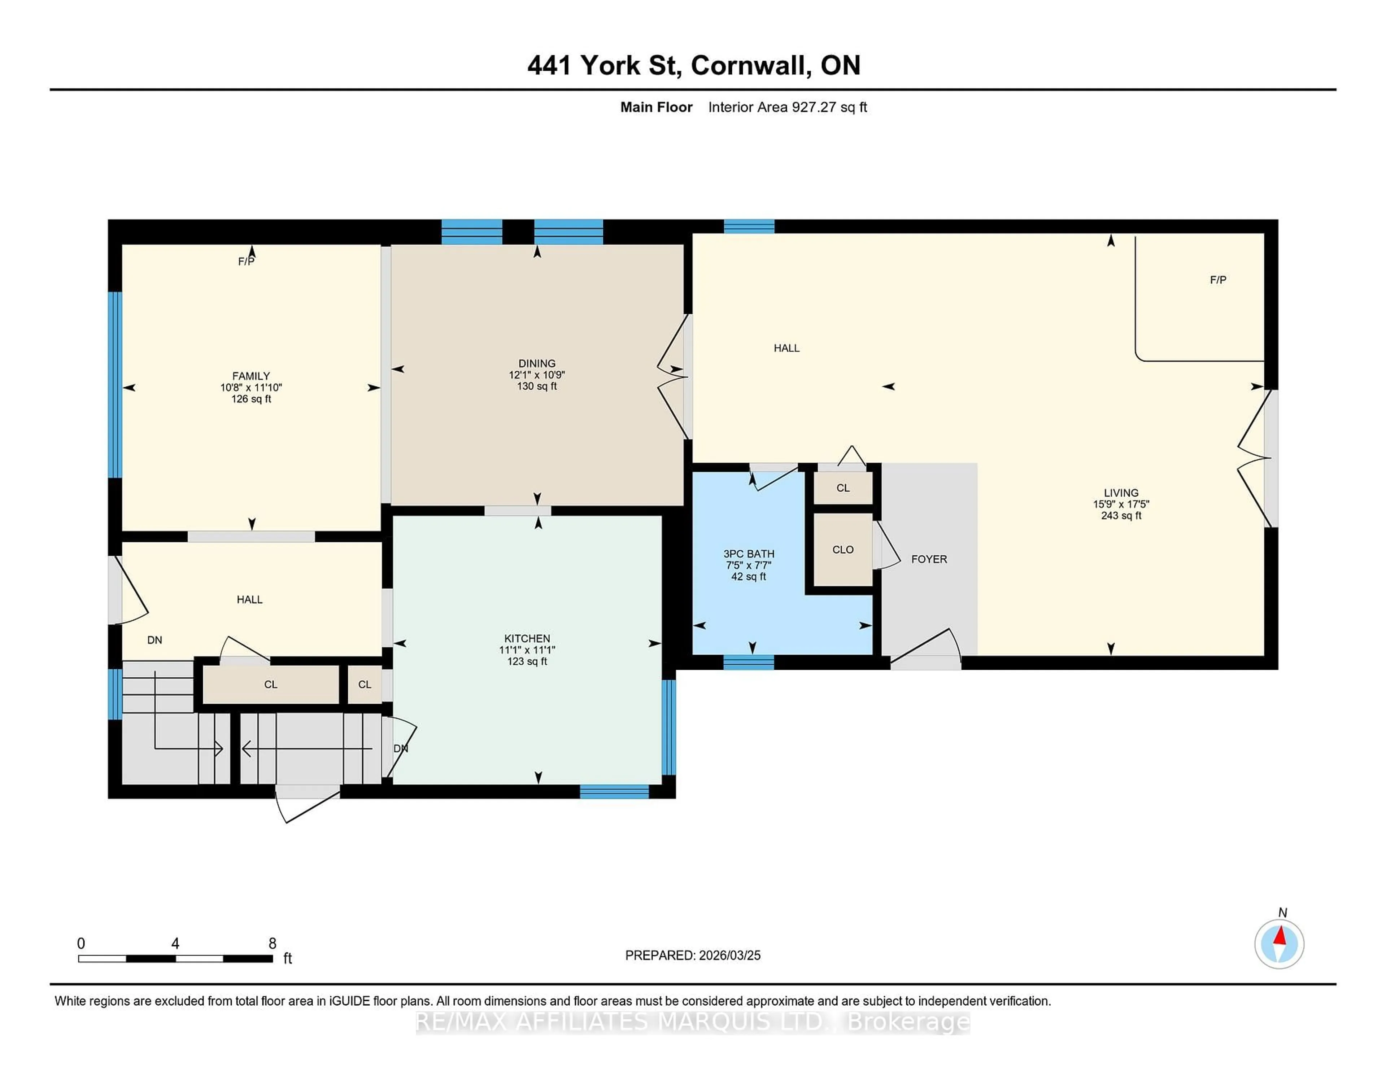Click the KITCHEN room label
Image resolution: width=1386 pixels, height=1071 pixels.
pyautogui.click(x=527, y=638)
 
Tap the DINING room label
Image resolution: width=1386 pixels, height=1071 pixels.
pyautogui.click(x=537, y=364)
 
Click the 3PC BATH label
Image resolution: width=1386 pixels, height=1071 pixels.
pyautogui.click(x=749, y=554)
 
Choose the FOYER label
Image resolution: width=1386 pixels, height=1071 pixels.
pyautogui.click(x=928, y=559)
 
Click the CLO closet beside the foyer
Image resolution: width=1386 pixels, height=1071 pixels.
pyautogui.click(x=843, y=550)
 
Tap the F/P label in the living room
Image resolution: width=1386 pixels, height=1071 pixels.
pyautogui.click(x=1217, y=280)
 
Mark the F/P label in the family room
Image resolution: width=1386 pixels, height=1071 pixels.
pyautogui.click(x=245, y=261)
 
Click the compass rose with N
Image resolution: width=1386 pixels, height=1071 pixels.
pyautogui.click(x=1279, y=944)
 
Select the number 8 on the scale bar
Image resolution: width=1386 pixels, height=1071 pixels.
pyautogui.click(x=272, y=944)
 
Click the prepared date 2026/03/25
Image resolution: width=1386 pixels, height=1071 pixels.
pyautogui.click(x=728, y=956)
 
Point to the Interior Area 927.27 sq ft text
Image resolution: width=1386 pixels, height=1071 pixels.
pyautogui.click(x=787, y=107)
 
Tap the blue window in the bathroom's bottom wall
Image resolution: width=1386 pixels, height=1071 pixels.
pyautogui.click(x=749, y=663)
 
